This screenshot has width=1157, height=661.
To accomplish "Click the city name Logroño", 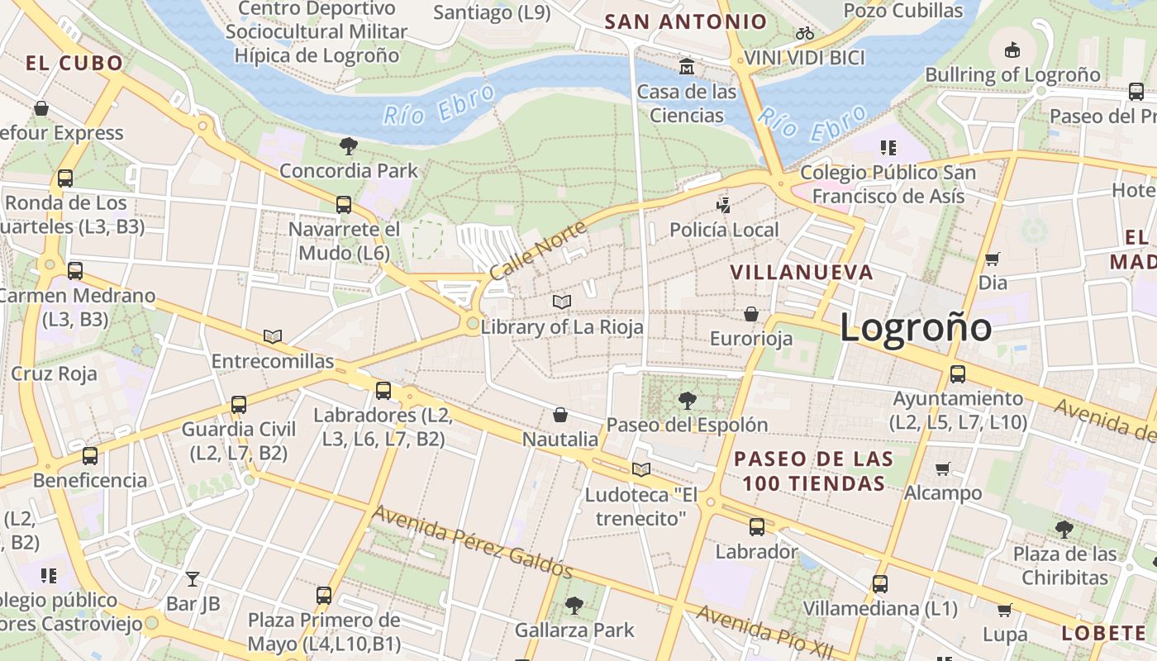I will click(916, 327).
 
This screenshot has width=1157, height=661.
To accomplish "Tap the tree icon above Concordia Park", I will click(348, 146).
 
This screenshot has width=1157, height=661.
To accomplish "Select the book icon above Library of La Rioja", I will click(562, 302).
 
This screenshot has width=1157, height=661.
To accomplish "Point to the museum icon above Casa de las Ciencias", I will click(686, 66).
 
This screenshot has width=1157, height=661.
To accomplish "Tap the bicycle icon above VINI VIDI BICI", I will click(804, 33).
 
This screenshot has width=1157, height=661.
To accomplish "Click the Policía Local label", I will click(724, 230).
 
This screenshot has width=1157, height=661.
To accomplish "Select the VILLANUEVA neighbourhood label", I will click(801, 272).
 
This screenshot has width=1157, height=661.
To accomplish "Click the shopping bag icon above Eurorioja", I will click(751, 314).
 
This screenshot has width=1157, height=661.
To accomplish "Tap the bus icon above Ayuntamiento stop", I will click(957, 374).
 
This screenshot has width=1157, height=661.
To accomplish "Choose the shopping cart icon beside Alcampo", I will click(942, 468).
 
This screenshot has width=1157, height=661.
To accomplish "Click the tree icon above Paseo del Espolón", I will click(686, 401).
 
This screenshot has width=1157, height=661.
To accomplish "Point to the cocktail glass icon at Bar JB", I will click(193, 578).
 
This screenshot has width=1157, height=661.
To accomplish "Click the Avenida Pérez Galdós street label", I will click(471, 541).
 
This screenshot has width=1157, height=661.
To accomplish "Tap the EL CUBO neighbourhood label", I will click(74, 63).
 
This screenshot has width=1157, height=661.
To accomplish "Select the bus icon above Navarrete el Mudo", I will click(343, 204).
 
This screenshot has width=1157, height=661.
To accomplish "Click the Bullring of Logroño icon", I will click(1012, 50).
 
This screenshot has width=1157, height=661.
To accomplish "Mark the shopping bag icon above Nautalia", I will click(560, 414).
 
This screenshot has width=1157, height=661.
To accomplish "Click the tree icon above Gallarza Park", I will click(574, 606).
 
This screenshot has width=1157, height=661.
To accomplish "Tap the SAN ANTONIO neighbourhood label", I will click(685, 21).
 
